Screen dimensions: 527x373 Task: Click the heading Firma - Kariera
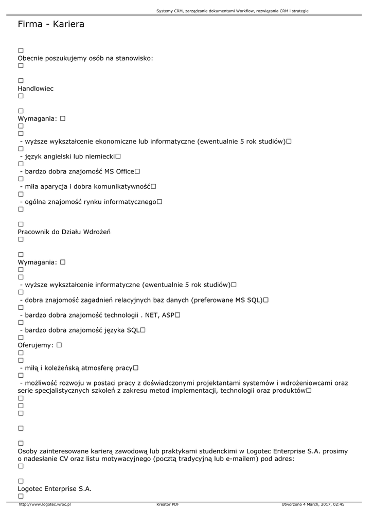51,24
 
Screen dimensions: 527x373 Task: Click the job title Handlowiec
35,89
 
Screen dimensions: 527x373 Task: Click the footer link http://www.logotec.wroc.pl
44,504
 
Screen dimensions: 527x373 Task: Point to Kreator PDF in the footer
168,504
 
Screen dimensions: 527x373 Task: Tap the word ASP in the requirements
168,315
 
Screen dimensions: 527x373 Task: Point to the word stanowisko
132,58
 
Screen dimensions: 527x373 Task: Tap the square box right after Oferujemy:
59,345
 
